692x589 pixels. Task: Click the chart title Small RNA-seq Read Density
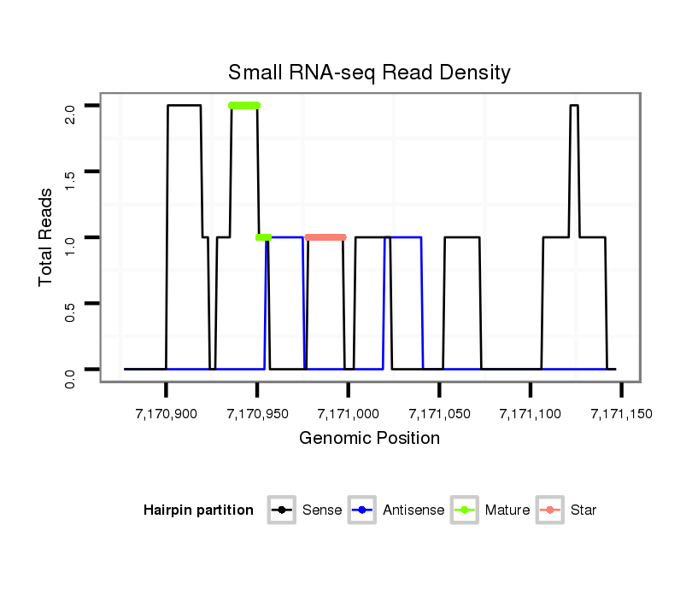369,72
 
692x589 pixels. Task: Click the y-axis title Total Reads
47,236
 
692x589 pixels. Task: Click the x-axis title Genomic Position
369,439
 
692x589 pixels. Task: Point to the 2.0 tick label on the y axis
70,106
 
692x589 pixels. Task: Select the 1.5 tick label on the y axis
70,172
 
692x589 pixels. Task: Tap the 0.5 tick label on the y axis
70,303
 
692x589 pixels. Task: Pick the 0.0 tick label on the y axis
70,370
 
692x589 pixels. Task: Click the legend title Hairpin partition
198,510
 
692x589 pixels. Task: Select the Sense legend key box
282,510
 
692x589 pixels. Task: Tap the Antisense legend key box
363,510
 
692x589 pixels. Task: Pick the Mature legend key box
466,510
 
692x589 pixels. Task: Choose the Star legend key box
550,510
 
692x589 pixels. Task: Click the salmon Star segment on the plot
325,237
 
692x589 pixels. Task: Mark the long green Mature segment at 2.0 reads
244,106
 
